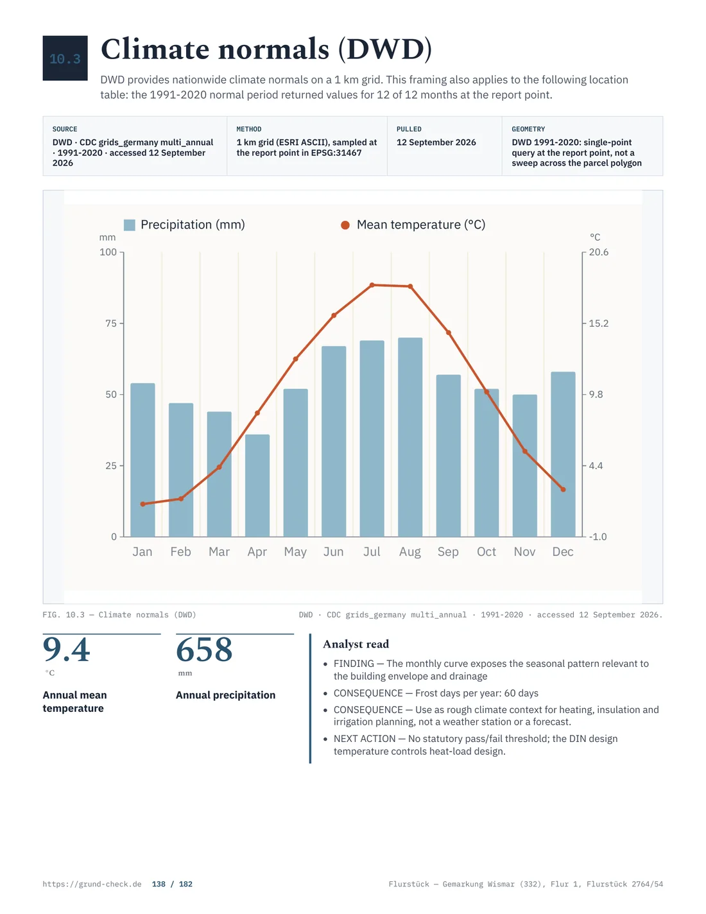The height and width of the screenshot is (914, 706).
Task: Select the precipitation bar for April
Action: point(257,485)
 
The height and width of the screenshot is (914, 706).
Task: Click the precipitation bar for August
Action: point(410,437)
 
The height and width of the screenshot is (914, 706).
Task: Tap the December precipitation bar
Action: point(563,454)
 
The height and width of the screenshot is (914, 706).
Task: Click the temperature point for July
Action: point(372,285)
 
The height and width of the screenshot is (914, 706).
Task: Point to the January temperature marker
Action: point(142,504)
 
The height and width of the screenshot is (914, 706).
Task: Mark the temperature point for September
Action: point(448,332)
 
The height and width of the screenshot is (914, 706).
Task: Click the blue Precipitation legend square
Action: point(130,225)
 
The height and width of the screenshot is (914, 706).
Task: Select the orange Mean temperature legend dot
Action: point(345,225)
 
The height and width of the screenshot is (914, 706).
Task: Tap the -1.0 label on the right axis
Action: point(598,537)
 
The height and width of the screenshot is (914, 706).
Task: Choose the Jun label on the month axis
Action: point(334,551)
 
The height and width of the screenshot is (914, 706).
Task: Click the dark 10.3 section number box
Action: point(65,58)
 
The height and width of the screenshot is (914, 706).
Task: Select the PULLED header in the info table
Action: point(409,129)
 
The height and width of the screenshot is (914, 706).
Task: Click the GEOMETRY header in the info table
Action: point(528,129)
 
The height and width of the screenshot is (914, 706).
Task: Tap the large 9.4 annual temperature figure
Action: point(67,650)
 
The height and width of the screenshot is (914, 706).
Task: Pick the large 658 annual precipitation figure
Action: point(204,650)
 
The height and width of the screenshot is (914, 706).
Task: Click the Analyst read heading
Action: point(356,644)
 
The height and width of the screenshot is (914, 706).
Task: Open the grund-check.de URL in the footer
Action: point(92,884)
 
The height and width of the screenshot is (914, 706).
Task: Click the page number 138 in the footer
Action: point(159,884)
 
